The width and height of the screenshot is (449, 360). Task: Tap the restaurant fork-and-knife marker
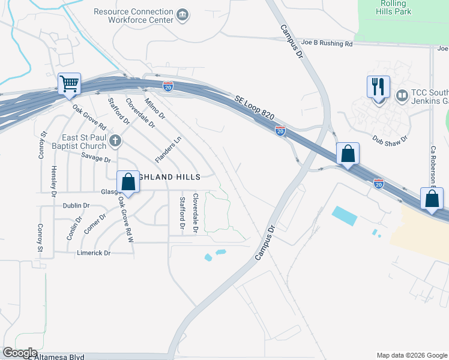[378, 88]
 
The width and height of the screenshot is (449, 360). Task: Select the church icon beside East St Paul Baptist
[115, 141]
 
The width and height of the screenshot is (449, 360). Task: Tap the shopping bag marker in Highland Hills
[128, 181]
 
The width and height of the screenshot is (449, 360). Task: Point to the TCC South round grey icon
[402, 94]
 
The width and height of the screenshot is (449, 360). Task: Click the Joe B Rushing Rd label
[327, 43]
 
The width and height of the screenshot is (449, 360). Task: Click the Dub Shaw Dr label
[390, 139]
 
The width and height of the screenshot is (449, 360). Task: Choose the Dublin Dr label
[76, 205]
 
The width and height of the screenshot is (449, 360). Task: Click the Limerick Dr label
[94, 253]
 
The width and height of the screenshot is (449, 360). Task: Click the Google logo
[20, 353]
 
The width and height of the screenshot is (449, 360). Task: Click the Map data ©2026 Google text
[411, 355]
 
